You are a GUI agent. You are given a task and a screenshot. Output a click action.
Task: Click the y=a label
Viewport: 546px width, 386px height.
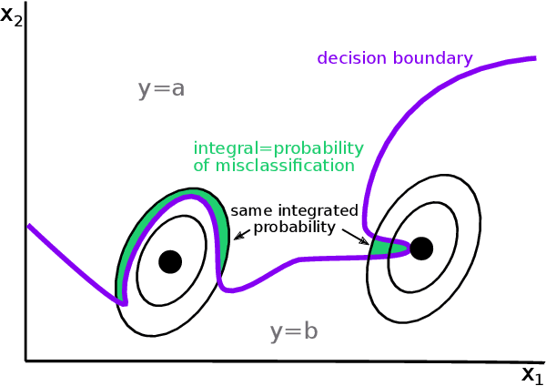coord(162,88)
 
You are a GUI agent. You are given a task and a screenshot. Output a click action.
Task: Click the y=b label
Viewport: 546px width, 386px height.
coord(294,332)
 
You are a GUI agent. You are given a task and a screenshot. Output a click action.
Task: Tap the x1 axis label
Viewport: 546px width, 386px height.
coord(531,374)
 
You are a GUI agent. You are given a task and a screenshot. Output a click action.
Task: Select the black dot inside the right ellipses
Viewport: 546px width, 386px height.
coord(421,248)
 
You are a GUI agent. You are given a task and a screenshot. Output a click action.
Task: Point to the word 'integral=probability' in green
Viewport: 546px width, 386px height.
coord(278,148)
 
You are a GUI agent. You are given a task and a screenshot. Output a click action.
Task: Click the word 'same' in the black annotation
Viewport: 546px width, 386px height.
coord(248,210)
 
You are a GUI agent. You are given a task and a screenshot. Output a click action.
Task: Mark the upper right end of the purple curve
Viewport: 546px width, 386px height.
coord(534,58)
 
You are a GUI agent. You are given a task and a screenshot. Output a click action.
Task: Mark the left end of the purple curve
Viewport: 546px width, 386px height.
coord(28,226)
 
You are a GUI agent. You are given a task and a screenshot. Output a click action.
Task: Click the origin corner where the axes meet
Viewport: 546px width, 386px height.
coord(25,361)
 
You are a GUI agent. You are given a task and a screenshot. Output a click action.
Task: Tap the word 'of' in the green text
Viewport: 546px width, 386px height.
coord(201,166)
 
